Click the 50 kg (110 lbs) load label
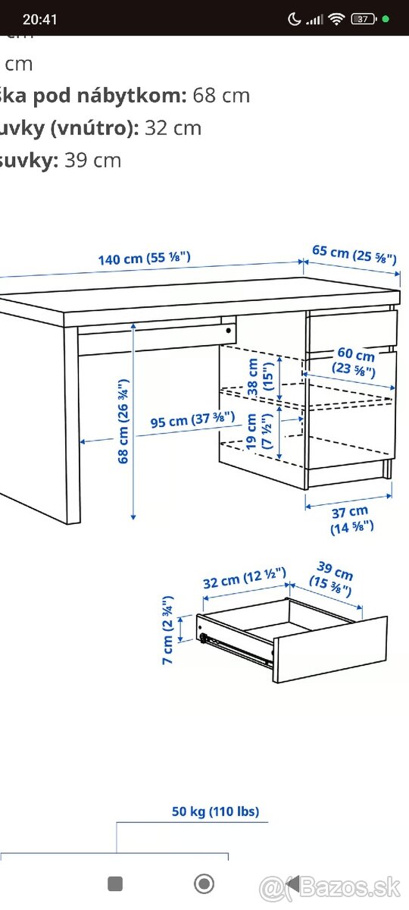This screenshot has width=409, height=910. pyautogui.click(x=215, y=811)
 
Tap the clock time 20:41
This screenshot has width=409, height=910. pyautogui.click(x=39, y=19)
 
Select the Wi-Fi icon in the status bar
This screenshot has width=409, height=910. pyautogui.click(x=336, y=19)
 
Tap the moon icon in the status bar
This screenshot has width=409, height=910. pyautogui.click(x=294, y=19)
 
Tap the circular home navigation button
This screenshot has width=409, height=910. pyautogui.click(x=204, y=883)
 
